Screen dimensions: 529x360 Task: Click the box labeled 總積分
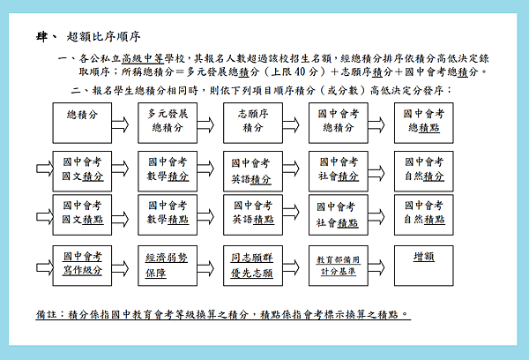pos(82,123)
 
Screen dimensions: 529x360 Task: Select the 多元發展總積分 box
pos(168,123)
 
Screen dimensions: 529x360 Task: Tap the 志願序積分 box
pos(253,123)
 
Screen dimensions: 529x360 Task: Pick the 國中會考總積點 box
pos(424,123)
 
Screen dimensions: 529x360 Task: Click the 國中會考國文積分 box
pos(82,171)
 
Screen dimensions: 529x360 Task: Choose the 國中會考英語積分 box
pos(253,171)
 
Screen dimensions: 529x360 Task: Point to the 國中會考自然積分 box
pos(424,171)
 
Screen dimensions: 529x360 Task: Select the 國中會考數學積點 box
pos(168,214)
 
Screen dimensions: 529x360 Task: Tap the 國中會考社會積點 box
pos(339,214)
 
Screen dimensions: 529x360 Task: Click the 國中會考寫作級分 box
pos(82,266)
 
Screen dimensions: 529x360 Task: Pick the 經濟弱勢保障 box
pos(168,266)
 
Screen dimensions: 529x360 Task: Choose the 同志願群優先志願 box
pos(253,266)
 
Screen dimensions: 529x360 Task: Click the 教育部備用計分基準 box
pos(339,266)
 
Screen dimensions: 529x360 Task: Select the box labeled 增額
pos(424,266)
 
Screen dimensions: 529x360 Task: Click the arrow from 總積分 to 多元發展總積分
pos(120,125)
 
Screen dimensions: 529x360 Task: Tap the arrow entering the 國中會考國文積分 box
pos(45,169)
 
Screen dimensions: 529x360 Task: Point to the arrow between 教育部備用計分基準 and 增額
pos(376,267)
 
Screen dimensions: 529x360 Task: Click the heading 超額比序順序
pos(103,36)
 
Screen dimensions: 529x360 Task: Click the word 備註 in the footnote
pos(46,314)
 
